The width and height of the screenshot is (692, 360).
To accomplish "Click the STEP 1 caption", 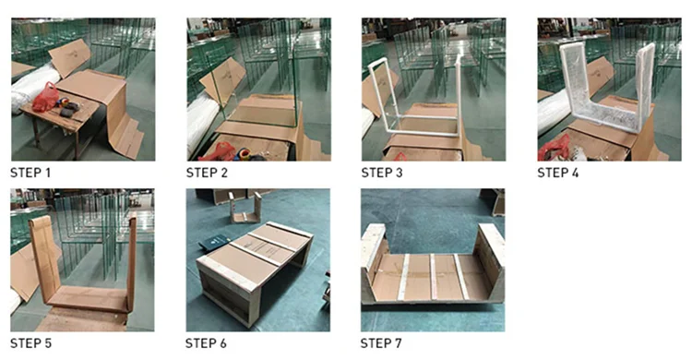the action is (x=30, y=173).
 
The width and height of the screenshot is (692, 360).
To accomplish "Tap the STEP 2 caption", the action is (x=207, y=173).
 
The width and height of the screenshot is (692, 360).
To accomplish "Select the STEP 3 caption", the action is (x=382, y=173).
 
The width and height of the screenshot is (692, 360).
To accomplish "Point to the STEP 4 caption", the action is (x=558, y=173).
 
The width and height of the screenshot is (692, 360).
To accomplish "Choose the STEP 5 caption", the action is (x=30, y=343).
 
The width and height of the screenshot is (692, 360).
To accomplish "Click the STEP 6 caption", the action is (x=206, y=343).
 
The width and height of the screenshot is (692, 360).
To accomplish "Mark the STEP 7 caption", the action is (x=381, y=343).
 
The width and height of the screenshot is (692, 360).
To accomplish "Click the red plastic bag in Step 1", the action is (x=45, y=97).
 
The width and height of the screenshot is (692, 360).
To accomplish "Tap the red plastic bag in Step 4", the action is (x=554, y=150).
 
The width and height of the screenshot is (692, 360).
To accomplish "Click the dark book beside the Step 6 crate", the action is (x=214, y=243).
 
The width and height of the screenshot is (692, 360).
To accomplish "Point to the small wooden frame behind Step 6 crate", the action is (x=245, y=208).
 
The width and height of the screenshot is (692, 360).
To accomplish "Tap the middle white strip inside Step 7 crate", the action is (x=433, y=277).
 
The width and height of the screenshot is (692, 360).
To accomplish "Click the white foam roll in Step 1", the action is (x=31, y=89).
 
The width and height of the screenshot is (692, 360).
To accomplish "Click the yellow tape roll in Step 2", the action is (x=244, y=154).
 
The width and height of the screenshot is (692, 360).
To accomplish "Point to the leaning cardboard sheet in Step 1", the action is (x=69, y=57).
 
